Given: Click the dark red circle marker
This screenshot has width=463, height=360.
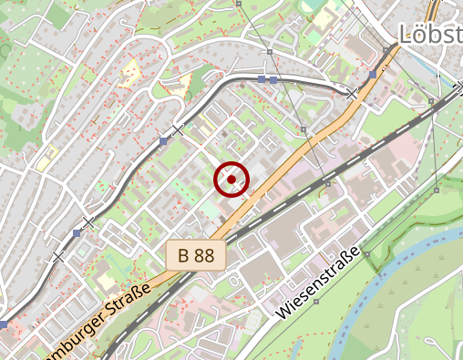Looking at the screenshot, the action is (231, 180).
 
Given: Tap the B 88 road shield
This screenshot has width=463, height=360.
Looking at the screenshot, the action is (196, 255).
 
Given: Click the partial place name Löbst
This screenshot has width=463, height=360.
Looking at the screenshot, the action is (430, 35).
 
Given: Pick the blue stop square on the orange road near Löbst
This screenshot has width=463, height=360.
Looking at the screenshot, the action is (374, 73).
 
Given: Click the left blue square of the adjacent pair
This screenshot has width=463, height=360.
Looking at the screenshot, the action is (262, 80).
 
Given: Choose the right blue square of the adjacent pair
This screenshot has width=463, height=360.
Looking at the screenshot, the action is (273, 80).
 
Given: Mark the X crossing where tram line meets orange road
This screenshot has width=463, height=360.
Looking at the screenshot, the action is (353, 93).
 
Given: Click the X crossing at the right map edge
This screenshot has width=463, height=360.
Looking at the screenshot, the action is (458, 88).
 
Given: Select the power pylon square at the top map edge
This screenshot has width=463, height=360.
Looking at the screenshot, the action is (239, 4).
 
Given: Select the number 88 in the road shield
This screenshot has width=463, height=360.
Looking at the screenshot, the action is (204, 255).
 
